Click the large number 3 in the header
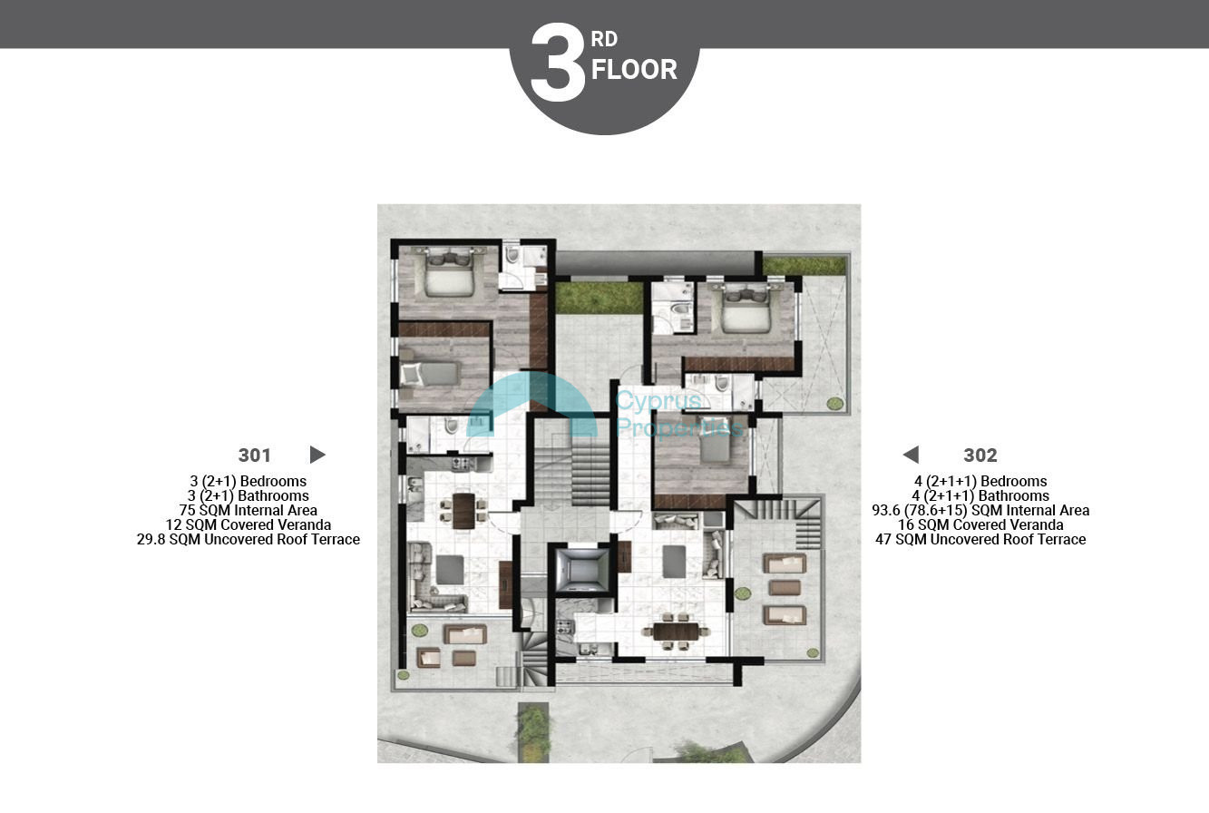coord(558,63)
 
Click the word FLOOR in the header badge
coord(634,70)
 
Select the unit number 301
coord(254,455)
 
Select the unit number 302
coord(980,455)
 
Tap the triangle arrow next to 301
coord(317,455)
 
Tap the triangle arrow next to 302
coord(912,455)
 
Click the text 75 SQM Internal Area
coord(249,510)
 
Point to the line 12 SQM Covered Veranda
coord(249,524)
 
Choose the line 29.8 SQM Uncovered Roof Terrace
coord(249,539)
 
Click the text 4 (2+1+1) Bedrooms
coord(980,481)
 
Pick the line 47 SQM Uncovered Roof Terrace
coord(980,539)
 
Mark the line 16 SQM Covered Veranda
coord(980,524)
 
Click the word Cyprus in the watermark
coord(658,400)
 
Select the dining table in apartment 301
coord(463,511)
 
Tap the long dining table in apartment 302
coord(675,631)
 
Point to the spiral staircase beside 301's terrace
coord(534,661)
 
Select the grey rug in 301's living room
coord(450,570)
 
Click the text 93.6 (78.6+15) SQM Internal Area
coord(980,510)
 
